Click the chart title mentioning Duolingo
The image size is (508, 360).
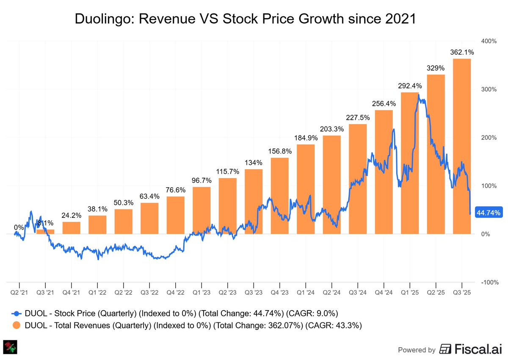pos(245,19)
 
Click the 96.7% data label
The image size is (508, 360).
pos(202,181)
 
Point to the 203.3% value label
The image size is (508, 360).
pos(331,129)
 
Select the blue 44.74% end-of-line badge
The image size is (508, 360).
pos(489,212)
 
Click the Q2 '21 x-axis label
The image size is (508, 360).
pos(19,292)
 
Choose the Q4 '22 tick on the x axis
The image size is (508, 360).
pos(175,292)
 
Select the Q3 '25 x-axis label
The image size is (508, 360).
pos(462,292)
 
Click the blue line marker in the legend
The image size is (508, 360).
pos(16,313)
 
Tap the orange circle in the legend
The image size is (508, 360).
pos(16,326)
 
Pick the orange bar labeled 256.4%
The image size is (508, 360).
pos(384,172)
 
